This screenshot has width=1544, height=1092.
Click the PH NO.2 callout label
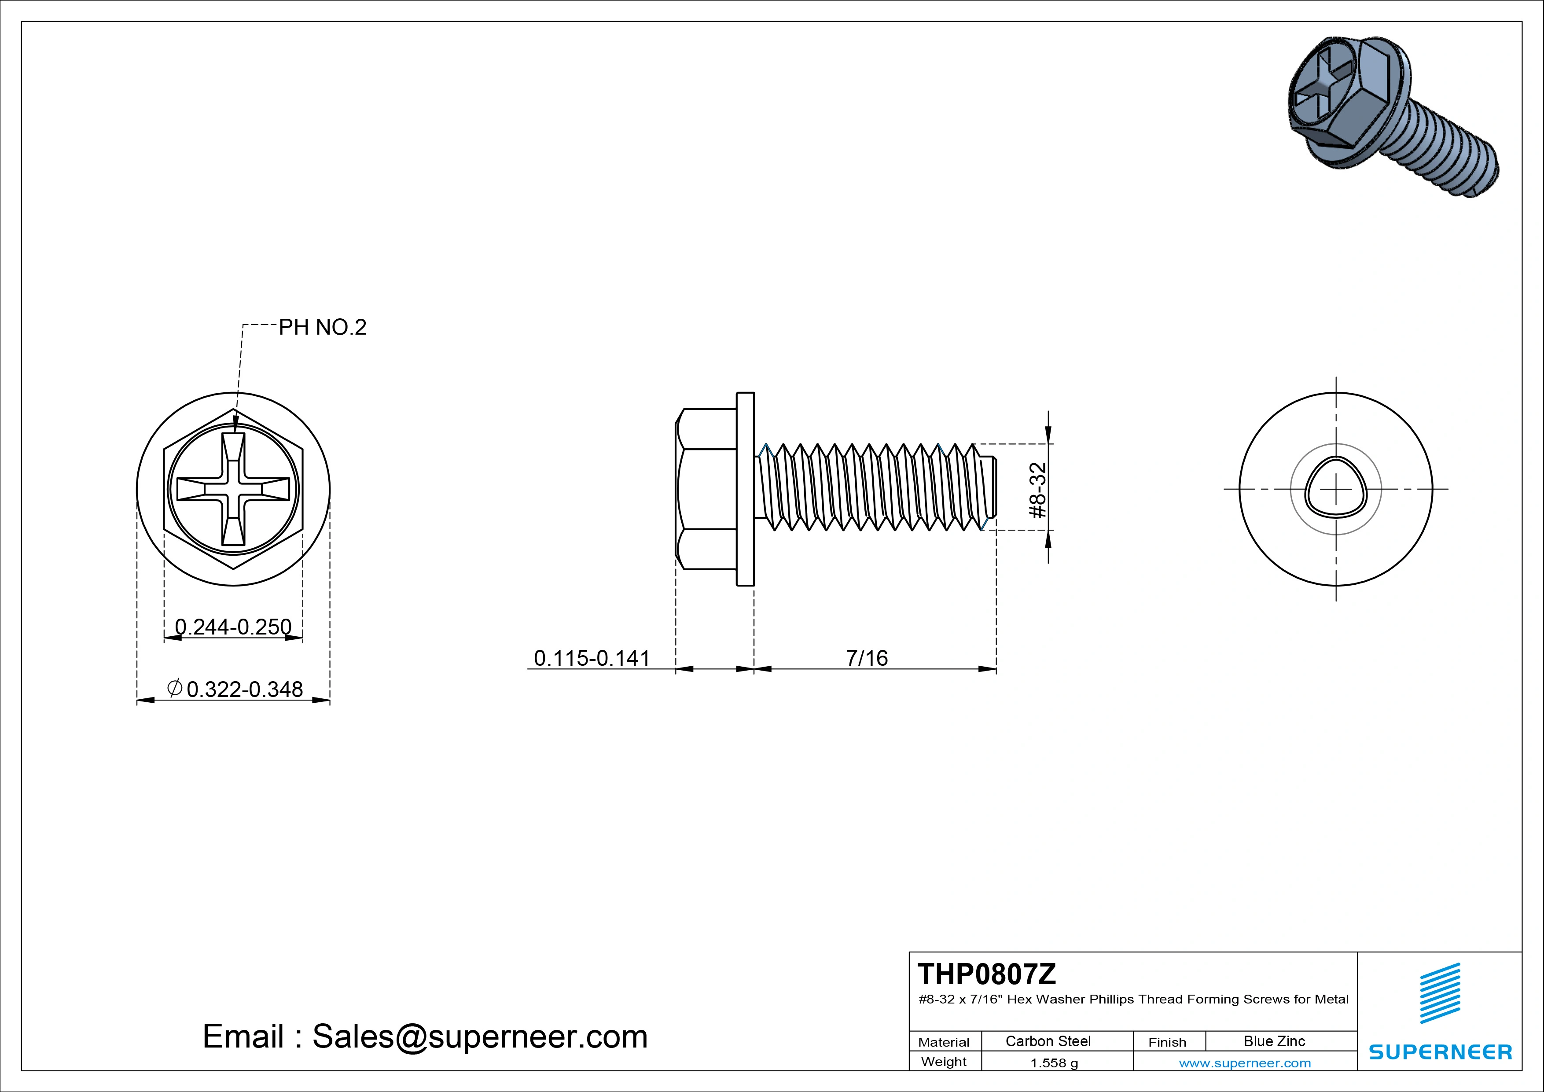tap(322, 328)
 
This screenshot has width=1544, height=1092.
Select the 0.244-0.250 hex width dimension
tap(233, 627)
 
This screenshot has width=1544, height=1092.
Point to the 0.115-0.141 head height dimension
tap(592, 657)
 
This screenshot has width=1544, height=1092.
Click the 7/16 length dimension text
tap(867, 657)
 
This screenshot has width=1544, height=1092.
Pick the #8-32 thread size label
tap(1038, 490)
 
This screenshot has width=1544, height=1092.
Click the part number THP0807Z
tap(986, 974)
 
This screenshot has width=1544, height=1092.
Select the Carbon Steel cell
tap(1048, 1041)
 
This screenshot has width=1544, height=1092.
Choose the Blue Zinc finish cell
tap(1274, 1041)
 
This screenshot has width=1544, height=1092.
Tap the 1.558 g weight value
tap(1054, 1063)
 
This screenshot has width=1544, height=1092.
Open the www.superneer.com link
tap(1245, 1063)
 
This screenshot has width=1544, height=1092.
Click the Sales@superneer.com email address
tap(479, 1036)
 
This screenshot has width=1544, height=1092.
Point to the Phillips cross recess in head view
tap(233, 489)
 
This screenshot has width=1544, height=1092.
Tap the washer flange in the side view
tap(745, 489)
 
